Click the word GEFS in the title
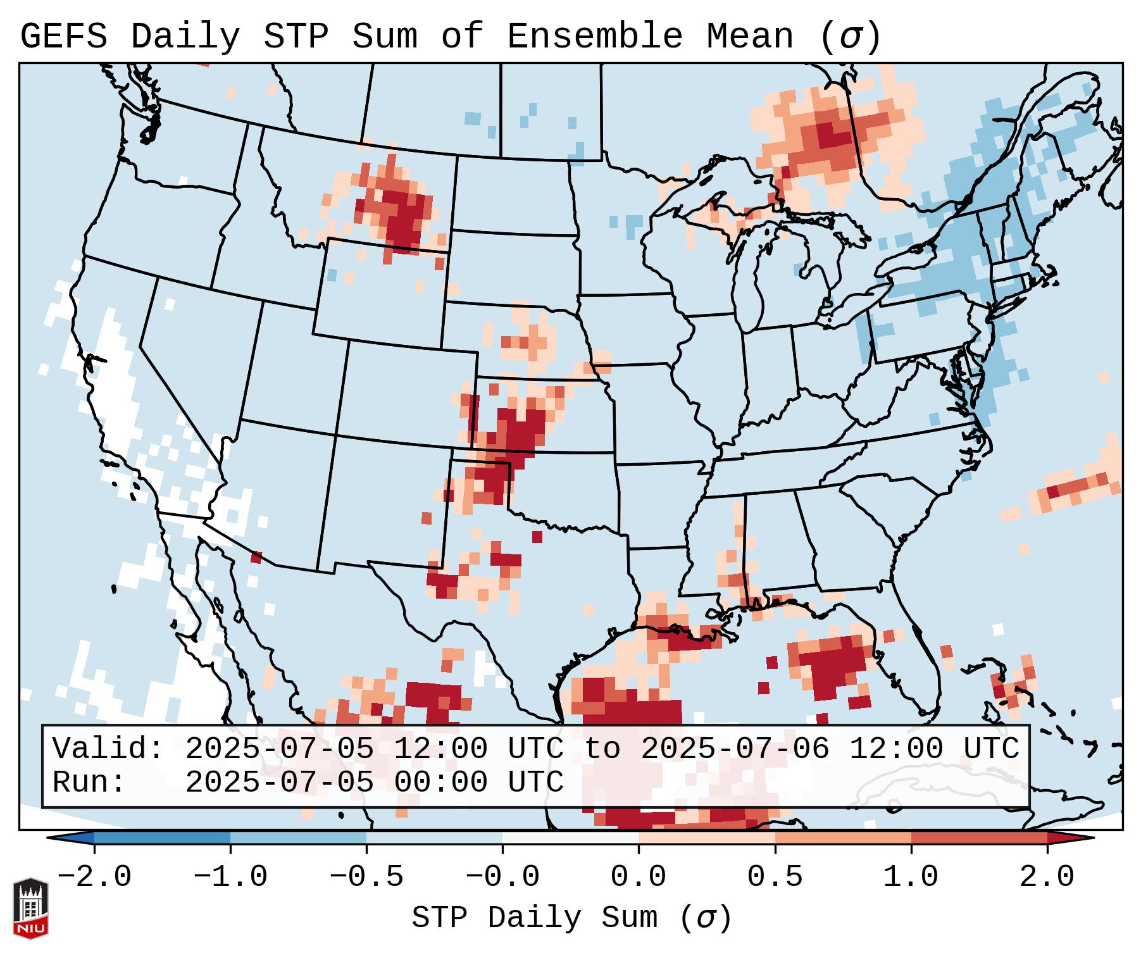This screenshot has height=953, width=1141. coord(63,37)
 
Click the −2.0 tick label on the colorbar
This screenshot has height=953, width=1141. coord(94,877)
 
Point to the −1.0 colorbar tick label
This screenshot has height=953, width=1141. coord(230,877)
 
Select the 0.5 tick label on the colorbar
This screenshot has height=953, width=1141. coord(775,877)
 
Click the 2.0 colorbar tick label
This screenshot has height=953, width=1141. coord(1047,877)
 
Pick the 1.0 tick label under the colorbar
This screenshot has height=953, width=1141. coord(911,877)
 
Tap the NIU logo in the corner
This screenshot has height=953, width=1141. coord(30,908)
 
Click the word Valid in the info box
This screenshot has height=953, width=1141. coord(108,749)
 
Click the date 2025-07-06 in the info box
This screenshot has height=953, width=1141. coord(735,749)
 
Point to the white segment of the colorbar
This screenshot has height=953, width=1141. coord(570,838)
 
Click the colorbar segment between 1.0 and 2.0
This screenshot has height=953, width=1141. coord(979,838)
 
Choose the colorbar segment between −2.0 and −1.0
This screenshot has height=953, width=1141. coord(162,838)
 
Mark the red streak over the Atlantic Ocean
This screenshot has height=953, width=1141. coord(1076,488)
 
